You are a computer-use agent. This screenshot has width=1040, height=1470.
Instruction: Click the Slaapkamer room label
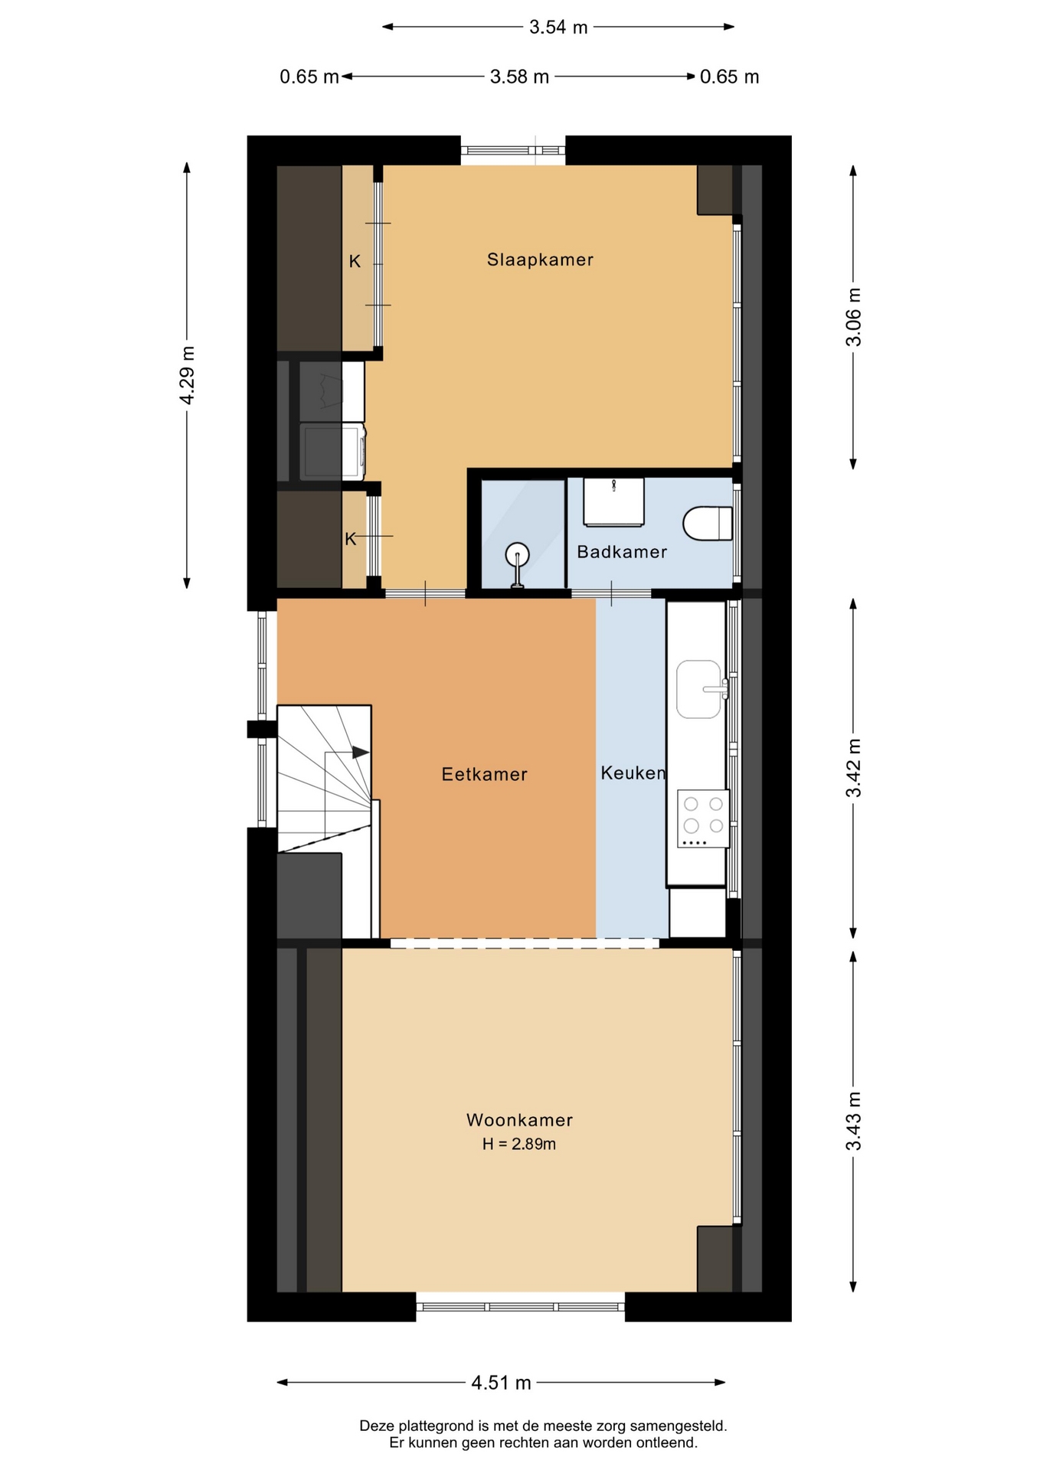tap(540, 260)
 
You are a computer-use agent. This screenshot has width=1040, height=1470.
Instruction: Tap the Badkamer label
tap(622, 552)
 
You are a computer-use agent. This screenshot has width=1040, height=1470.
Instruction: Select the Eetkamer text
tap(485, 774)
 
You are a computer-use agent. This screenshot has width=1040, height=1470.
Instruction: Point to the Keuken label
tap(633, 773)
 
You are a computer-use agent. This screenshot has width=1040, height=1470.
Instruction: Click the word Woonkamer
tap(519, 1120)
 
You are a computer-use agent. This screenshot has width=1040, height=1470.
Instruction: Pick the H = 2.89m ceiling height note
tap(519, 1144)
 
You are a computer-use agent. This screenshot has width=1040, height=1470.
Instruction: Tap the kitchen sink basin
tap(698, 689)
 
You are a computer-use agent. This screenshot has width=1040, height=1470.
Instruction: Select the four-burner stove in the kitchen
tap(703, 818)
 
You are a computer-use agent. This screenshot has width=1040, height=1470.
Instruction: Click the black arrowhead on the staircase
tap(361, 753)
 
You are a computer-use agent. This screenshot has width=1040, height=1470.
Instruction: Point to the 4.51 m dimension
tap(501, 1383)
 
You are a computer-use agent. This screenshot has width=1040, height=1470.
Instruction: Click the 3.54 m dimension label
tap(558, 28)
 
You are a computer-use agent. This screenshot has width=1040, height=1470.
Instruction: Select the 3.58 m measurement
tap(519, 77)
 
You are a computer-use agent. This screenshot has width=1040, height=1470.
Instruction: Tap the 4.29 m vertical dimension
tap(187, 375)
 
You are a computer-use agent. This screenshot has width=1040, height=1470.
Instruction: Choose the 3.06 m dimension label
tap(853, 317)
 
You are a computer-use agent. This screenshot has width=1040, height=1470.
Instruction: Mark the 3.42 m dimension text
tap(853, 768)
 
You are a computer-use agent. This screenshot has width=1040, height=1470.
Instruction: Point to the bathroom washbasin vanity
tap(613, 501)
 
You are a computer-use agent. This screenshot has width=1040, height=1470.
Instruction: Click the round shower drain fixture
tap(518, 554)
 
